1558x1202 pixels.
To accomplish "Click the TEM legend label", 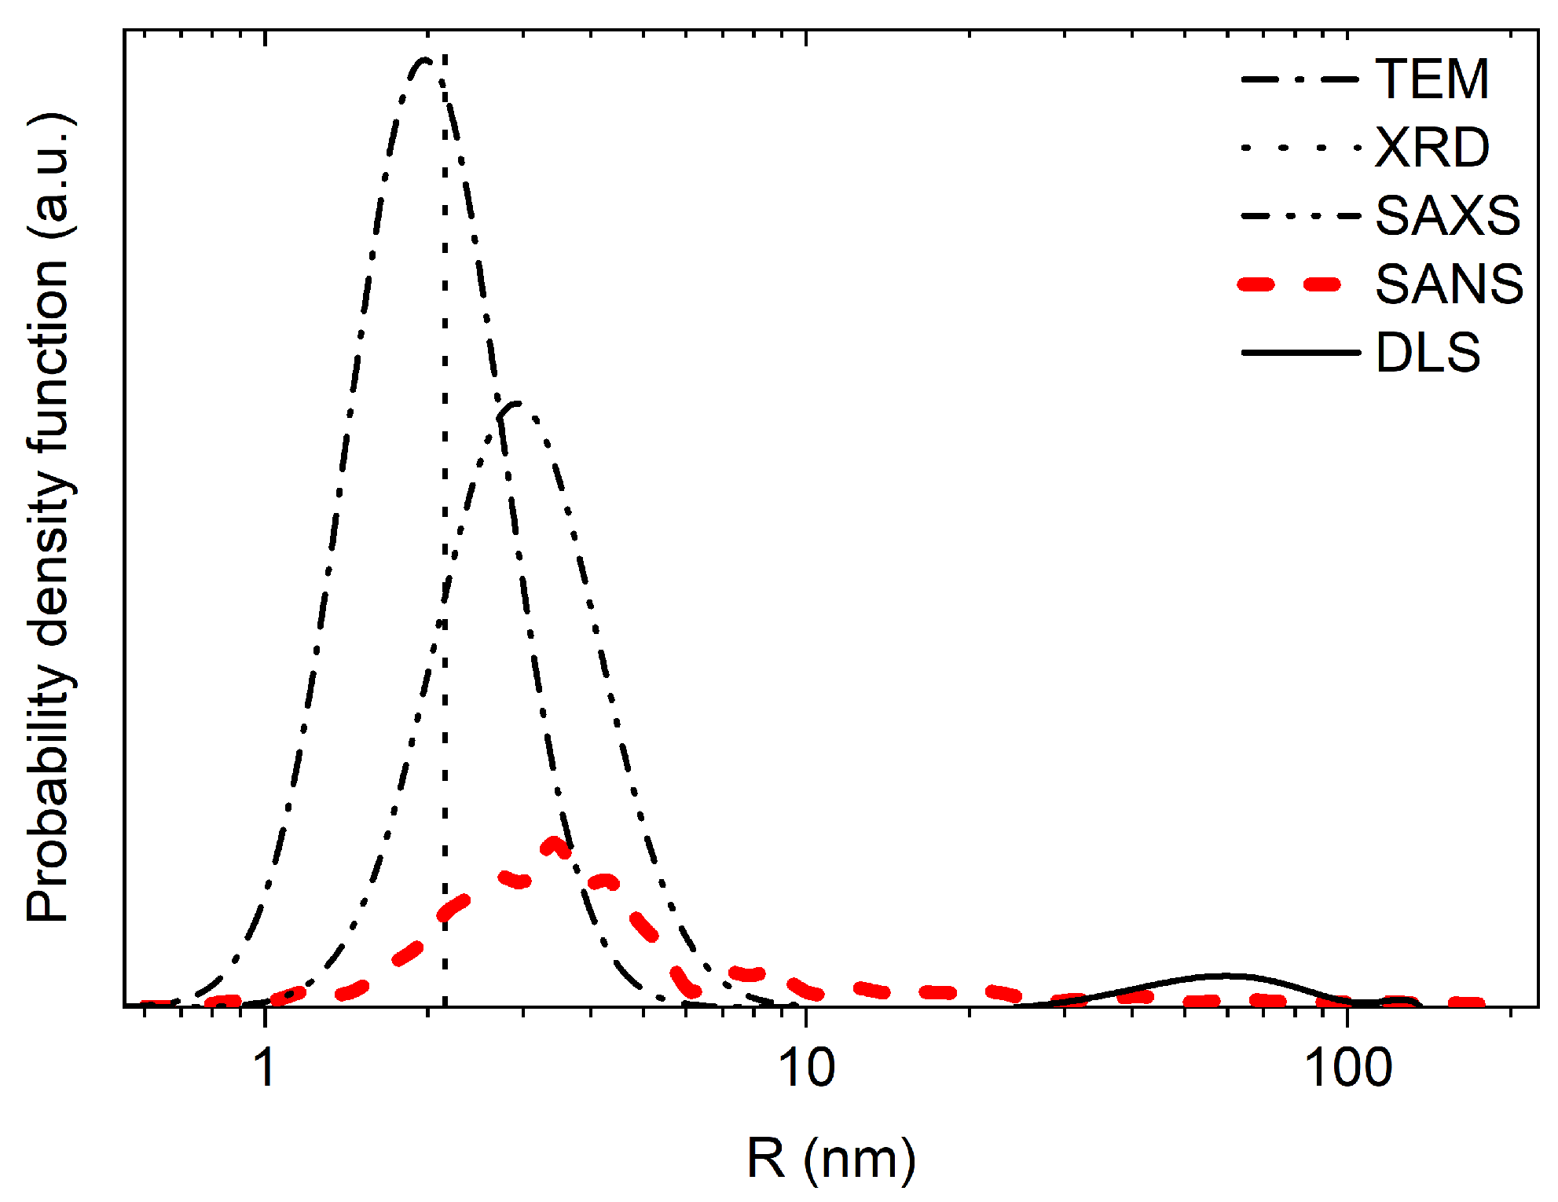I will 1432,79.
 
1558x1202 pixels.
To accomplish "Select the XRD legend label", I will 1432,148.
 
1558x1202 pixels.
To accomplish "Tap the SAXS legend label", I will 1447,215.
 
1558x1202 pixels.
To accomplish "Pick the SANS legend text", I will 1449,284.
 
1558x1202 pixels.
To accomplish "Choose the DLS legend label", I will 1428,352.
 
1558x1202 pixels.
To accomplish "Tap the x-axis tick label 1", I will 266,1067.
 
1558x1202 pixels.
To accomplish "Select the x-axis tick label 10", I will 806,1067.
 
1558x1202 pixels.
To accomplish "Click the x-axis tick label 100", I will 1347,1067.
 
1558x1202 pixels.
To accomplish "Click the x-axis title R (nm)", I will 830,1158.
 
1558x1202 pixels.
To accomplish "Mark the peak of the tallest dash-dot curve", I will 424,60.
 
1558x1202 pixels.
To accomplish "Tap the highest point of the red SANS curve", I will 555,845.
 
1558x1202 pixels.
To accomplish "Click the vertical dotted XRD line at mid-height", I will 445,534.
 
